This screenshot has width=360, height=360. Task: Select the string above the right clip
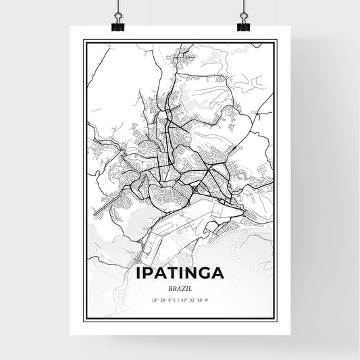(x=242, y=8)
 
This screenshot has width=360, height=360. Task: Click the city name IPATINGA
(x=180, y=273)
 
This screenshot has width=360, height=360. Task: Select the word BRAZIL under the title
(x=180, y=288)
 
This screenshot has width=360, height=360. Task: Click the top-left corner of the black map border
(x=84, y=41)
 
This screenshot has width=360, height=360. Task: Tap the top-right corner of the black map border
(x=276, y=41)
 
